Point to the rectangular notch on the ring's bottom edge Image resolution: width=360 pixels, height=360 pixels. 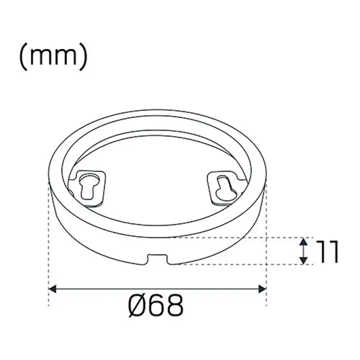coord(157,259)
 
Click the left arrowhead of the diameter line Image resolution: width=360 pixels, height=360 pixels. coord(52,288)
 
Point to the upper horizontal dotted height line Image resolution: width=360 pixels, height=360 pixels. coord(243,238)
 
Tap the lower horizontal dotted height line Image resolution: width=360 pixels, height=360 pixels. coord(243,264)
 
